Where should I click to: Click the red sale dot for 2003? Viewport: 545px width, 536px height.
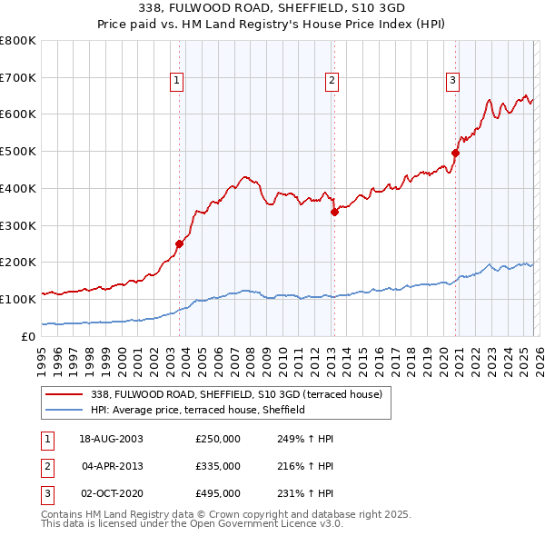179,243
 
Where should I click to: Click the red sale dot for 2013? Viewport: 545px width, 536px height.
333,212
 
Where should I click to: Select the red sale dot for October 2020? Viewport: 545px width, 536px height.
455,153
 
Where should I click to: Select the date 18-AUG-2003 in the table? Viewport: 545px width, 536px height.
111,439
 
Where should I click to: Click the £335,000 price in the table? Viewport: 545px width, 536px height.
218,466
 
